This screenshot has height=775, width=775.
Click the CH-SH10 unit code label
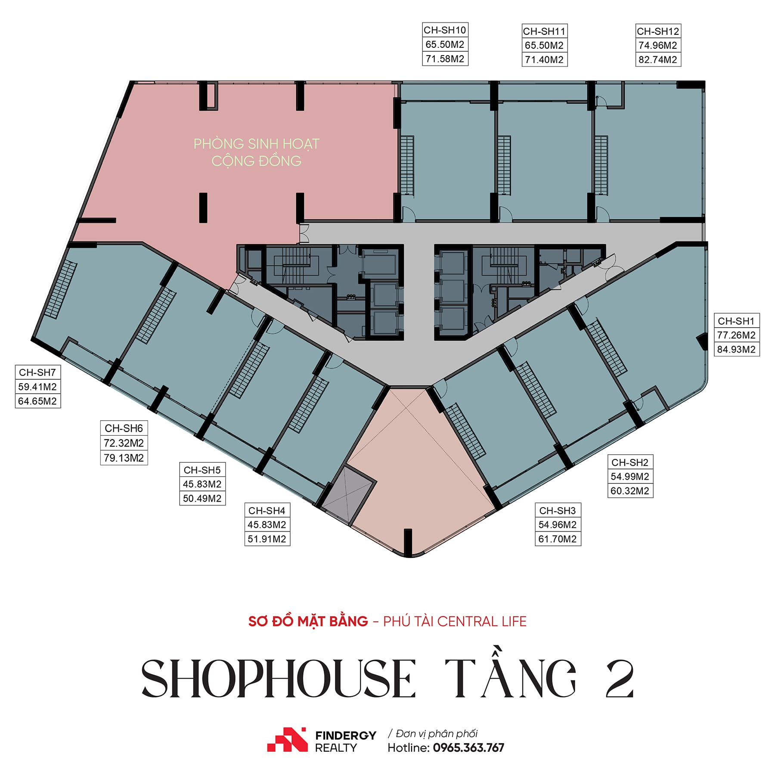445,30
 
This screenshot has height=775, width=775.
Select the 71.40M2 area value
544,59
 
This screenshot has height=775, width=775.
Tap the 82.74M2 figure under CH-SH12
658,59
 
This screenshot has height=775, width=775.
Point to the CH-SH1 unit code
736,321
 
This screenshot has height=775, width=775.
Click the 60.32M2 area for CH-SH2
630,491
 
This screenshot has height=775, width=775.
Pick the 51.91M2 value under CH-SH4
267,539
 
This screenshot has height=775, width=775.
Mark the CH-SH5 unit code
202,470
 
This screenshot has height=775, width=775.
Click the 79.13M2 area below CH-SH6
124,458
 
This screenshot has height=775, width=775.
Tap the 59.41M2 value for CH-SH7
37,387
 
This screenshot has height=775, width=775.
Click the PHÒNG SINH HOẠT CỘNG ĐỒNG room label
257,152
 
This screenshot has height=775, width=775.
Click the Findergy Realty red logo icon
287,739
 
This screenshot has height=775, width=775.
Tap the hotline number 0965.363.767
468,747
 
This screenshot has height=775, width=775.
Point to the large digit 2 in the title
620,679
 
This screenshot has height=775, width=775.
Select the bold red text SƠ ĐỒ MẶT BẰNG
308,621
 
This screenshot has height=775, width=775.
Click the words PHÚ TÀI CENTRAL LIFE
455,621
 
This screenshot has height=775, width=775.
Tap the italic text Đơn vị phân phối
436,733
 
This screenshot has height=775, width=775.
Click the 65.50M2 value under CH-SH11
544,45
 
